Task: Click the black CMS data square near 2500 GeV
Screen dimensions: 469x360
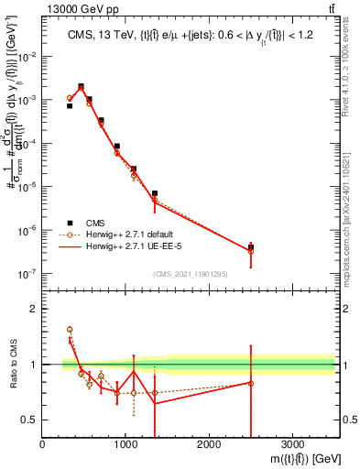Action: click(250, 247)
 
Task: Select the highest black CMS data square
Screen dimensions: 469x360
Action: click(81, 87)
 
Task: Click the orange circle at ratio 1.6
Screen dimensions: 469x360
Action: click(70, 329)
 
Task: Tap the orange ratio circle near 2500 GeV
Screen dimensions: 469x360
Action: click(250, 383)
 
